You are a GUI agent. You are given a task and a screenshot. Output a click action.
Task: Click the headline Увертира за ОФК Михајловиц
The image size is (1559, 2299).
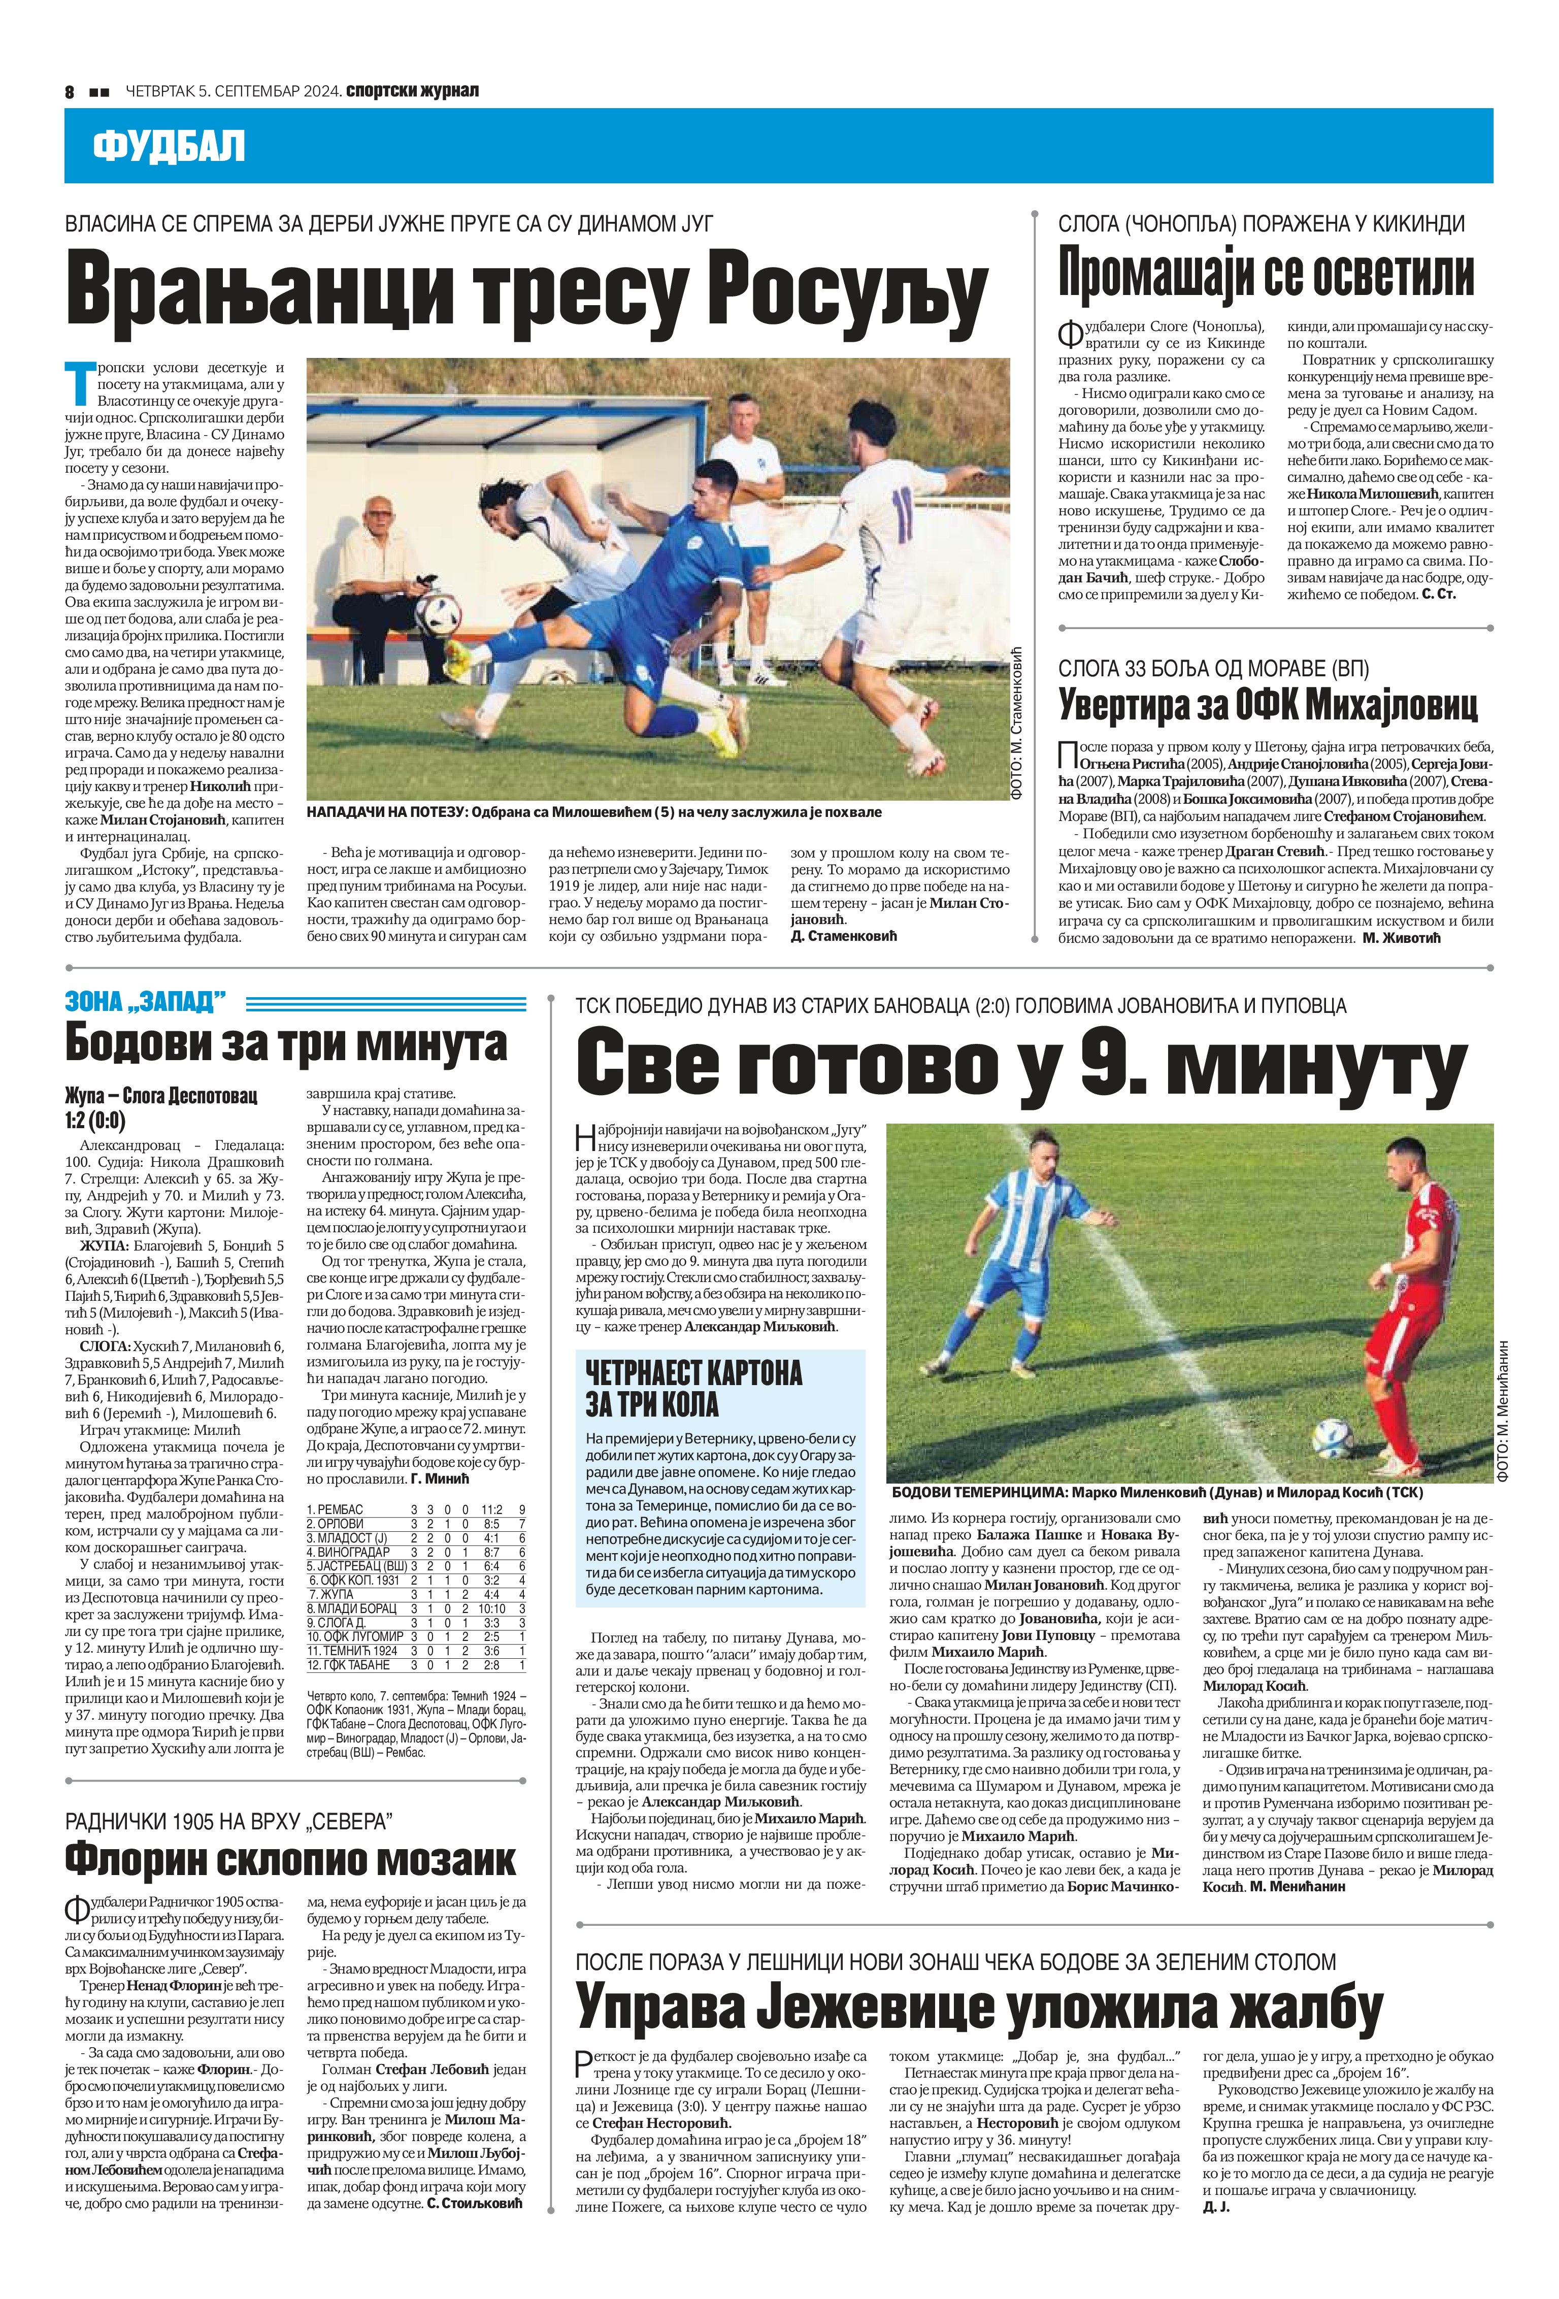pos(1268,705)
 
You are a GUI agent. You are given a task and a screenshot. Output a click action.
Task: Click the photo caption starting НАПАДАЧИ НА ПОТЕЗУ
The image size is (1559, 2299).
pos(593,812)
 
